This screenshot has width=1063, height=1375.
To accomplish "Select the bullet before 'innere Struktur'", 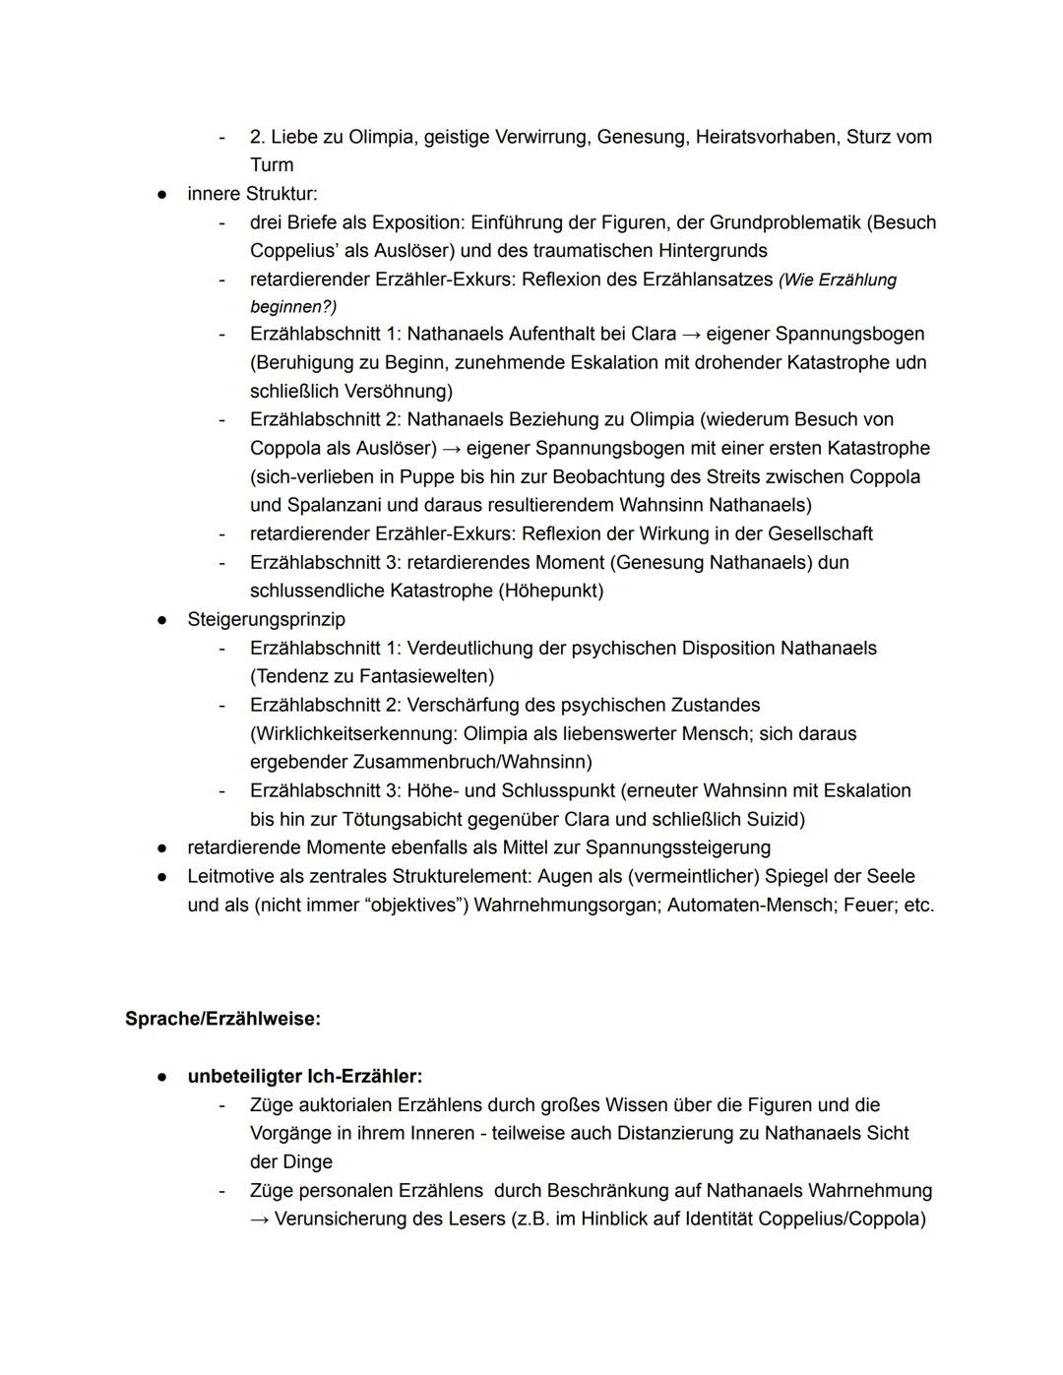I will pos(160,194).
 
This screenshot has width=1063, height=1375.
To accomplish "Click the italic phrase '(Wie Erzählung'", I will pos(838,281).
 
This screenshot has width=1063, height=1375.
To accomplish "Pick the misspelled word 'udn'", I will pos(910,362).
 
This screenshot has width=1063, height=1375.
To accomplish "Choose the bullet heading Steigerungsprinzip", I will pos(266,619).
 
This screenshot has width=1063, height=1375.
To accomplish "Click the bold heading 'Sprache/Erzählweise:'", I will pos(222,1019).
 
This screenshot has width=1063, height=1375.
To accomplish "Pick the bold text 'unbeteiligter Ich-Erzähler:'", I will pos(304,1076).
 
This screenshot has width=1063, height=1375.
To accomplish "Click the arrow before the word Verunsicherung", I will pos(259,1219).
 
